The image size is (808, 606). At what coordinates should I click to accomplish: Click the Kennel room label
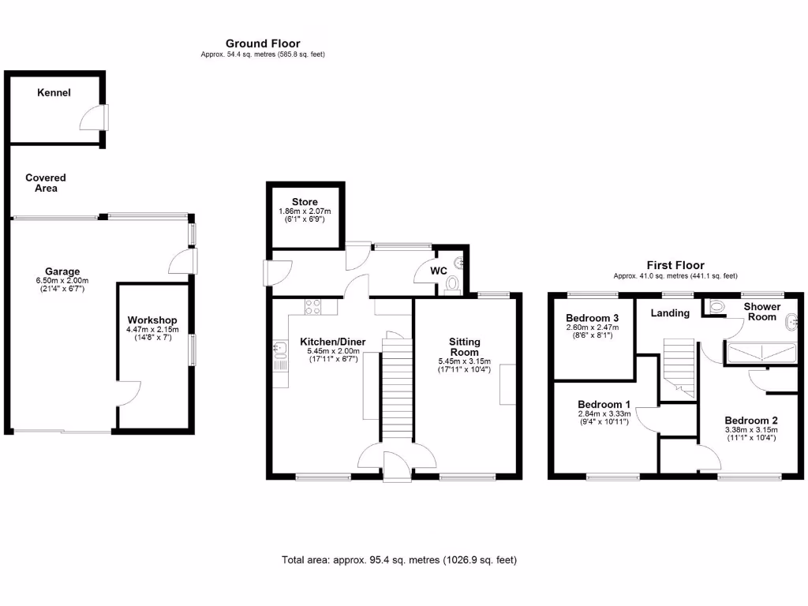(x=54, y=93)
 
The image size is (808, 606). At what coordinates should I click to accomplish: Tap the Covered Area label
(x=45, y=183)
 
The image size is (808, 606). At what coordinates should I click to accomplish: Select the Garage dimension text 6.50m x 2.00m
(x=62, y=281)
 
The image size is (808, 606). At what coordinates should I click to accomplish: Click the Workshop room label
(x=152, y=320)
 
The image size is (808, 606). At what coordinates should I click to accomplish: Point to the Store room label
(x=304, y=202)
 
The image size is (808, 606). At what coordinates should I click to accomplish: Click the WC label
(x=439, y=271)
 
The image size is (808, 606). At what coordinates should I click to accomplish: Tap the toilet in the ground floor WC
(x=453, y=284)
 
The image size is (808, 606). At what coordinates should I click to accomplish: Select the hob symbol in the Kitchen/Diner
(x=312, y=306)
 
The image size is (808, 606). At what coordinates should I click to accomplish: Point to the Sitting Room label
(x=465, y=347)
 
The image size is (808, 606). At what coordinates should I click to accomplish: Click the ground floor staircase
(x=397, y=387)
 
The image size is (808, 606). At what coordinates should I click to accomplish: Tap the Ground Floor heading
(x=263, y=43)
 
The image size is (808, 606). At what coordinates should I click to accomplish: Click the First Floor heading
(x=675, y=265)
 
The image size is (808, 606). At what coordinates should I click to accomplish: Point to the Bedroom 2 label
(x=751, y=421)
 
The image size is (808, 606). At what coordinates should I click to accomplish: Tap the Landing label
(x=670, y=313)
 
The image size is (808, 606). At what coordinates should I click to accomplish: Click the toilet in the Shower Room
(x=717, y=307)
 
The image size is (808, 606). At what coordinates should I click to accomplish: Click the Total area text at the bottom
(x=399, y=560)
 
